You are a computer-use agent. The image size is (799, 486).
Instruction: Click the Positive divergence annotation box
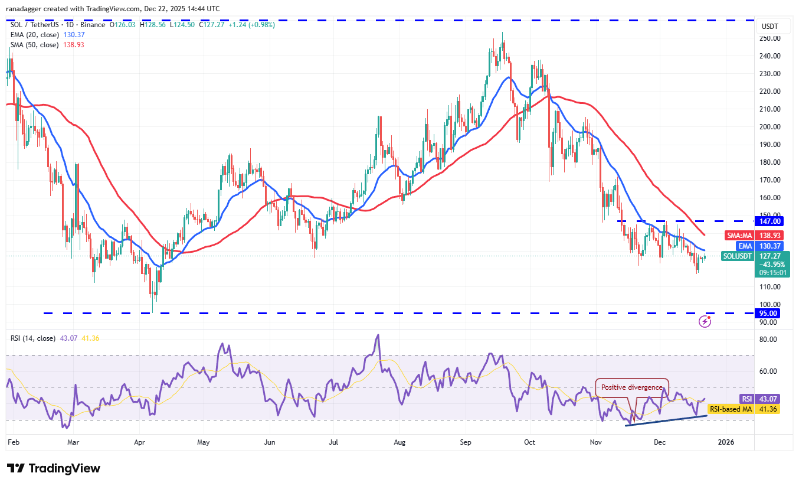[x=631, y=387]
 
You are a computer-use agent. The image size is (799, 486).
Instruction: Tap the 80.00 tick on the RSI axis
[x=768, y=340]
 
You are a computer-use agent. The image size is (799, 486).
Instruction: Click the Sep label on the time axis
[x=465, y=442]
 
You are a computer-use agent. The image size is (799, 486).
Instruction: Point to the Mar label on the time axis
[x=73, y=442]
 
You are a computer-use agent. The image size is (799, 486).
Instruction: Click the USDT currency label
[x=769, y=27]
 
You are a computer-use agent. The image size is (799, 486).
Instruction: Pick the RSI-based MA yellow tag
[x=730, y=409]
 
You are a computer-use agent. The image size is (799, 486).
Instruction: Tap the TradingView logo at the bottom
[x=54, y=468]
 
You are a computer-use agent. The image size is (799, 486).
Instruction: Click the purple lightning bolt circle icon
[x=705, y=321]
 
